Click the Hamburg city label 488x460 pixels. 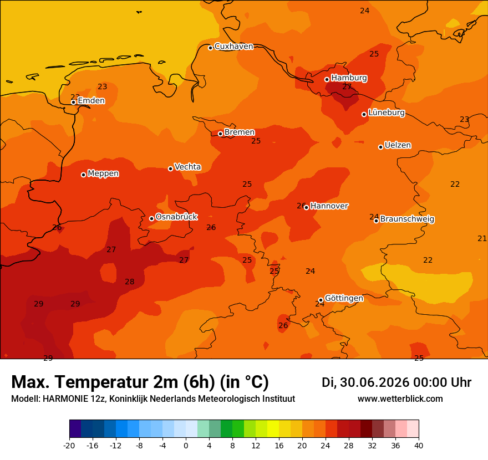[x=349, y=78]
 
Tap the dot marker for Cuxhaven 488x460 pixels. [x=210, y=48]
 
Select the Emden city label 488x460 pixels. [x=91, y=100]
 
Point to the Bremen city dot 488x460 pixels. [x=220, y=134]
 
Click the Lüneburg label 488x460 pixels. [x=387, y=113]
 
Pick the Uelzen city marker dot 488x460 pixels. [x=380, y=147]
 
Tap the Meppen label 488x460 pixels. [x=103, y=173]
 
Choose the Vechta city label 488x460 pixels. [x=187, y=167]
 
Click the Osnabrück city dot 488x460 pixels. [x=151, y=218]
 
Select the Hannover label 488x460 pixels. [x=329, y=206]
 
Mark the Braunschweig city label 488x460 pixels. [x=407, y=219]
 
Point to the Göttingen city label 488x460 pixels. [x=344, y=298]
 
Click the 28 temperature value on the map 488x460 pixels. [x=129, y=282]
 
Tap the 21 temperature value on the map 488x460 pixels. [x=482, y=238]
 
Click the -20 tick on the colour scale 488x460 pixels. [x=69, y=446]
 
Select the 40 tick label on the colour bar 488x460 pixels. [x=419, y=446]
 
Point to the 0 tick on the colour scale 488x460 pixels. [x=186, y=446]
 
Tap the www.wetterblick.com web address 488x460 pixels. [x=400, y=398]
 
